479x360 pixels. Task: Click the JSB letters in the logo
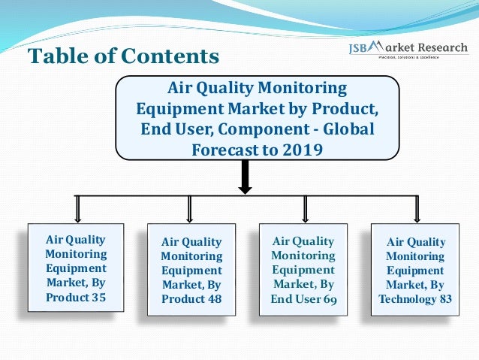click(x=362, y=49)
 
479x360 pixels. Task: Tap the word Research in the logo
click(x=441, y=48)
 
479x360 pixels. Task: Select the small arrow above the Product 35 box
click(x=76, y=208)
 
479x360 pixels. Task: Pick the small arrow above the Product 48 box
click(x=189, y=208)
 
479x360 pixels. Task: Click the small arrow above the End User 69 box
click(x=305, y=208)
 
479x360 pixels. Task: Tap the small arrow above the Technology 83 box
click(x=417, y=208)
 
